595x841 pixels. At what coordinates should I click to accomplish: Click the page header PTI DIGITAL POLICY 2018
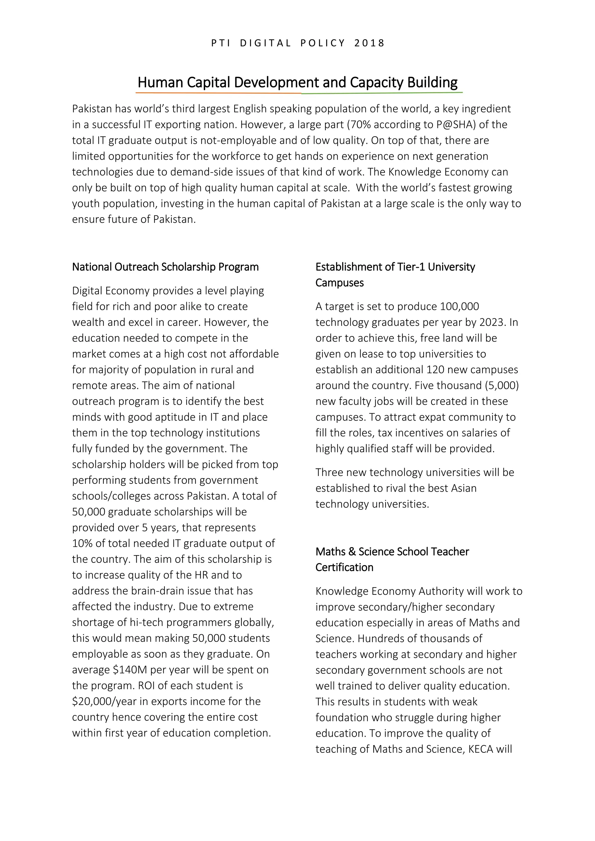[x=297, y=43]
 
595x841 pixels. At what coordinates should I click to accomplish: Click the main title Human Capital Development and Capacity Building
[x=297, y=82]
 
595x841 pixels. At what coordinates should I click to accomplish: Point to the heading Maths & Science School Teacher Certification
[x=392, y=559]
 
